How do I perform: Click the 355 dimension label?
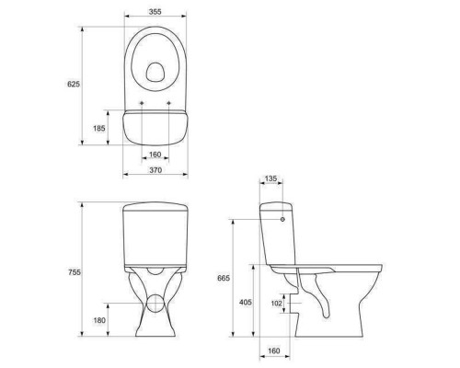(x=155, y=12)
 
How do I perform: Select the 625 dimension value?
(x=74, y=84)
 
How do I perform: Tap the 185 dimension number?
(x=99, y=128)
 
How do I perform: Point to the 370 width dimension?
(x=155, y=170)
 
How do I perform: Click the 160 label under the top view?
(x=155, y=155)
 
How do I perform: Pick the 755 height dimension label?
(x=75, y=272)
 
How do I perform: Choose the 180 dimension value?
(x=99, y=320)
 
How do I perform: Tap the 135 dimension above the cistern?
(x=270, y=178)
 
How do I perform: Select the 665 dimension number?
(x=224, y=278)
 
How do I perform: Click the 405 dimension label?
(x=246, y=302)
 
